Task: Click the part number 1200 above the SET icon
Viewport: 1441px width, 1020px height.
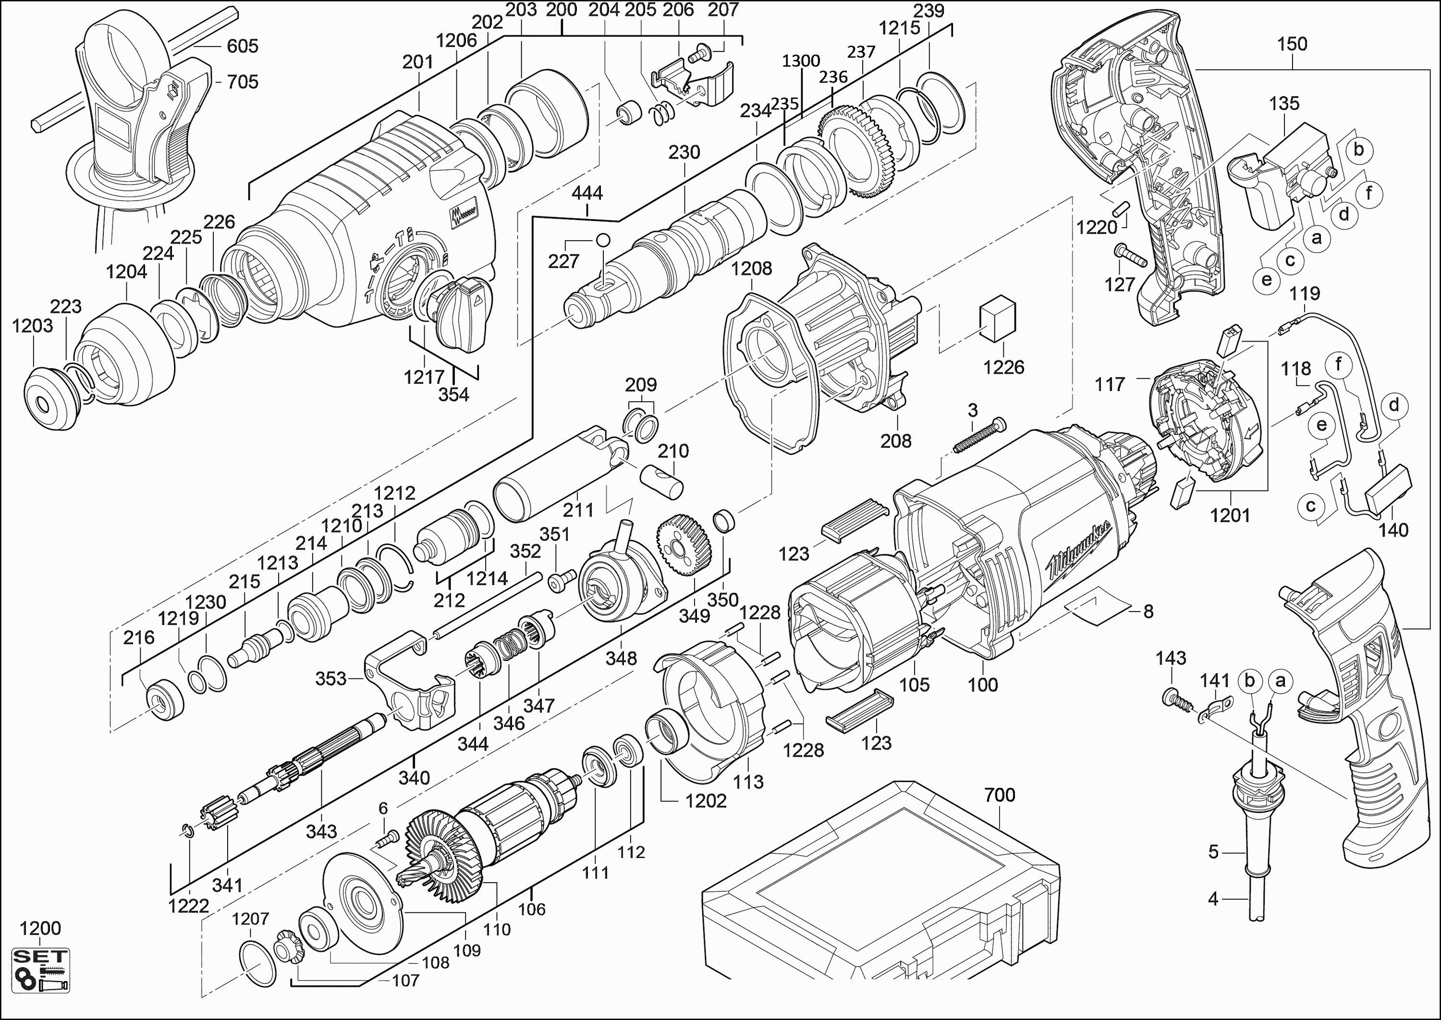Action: tap(40, 928)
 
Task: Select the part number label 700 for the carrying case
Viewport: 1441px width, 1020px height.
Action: tap(1000, 795)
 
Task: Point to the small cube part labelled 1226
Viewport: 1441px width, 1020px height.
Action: tap(997, 319)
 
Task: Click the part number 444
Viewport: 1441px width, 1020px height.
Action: tap(587, 193)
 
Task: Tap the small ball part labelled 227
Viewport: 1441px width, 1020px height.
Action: tap(603, 240)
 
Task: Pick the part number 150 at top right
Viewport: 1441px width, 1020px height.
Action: tap(1292, 44)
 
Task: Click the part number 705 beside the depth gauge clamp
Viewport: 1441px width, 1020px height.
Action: tap(243, 82)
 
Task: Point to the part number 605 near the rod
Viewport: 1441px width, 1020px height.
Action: tap(243, 46)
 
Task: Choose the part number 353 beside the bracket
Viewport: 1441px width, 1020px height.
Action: tap(331, 678)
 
